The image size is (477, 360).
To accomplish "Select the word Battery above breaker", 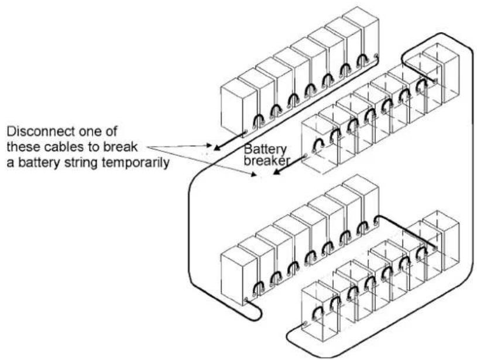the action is [x=265, y=150].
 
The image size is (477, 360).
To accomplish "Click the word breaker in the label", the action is [x=266, y=160].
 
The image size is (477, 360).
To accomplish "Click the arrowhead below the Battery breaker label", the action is [x=276, y=172].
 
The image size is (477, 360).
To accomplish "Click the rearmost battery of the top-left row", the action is [x=362, y=33].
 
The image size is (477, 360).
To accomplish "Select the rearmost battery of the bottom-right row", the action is [x=441, y=241].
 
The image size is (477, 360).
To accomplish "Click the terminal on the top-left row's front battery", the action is [x=245, y=133].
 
